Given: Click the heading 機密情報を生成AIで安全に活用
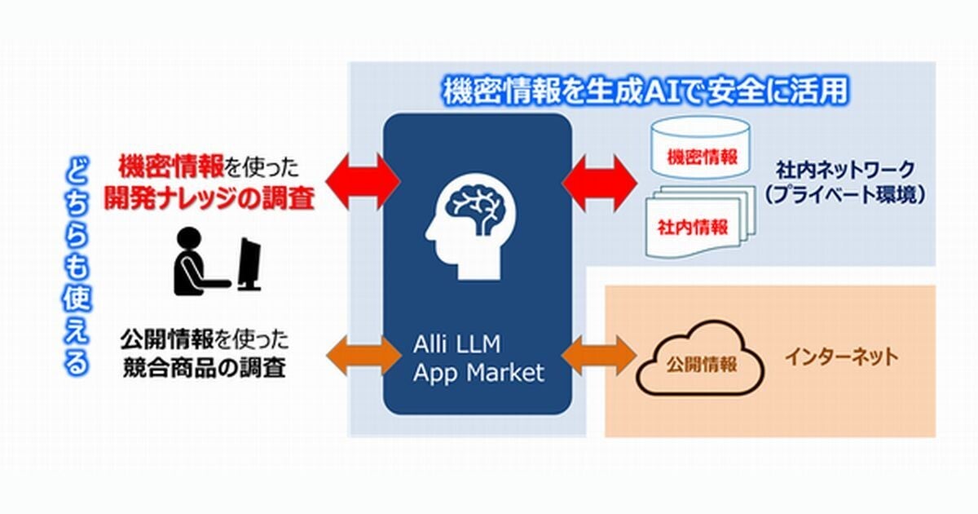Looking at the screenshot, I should pyautogui.click(x=644, y=91).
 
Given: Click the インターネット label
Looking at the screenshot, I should pyautogui.click(x=841, y=357).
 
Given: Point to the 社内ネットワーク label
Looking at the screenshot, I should pyautogui.click(x=845, y=171).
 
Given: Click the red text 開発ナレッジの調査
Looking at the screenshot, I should pyautogui.click(x=209, y=198).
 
